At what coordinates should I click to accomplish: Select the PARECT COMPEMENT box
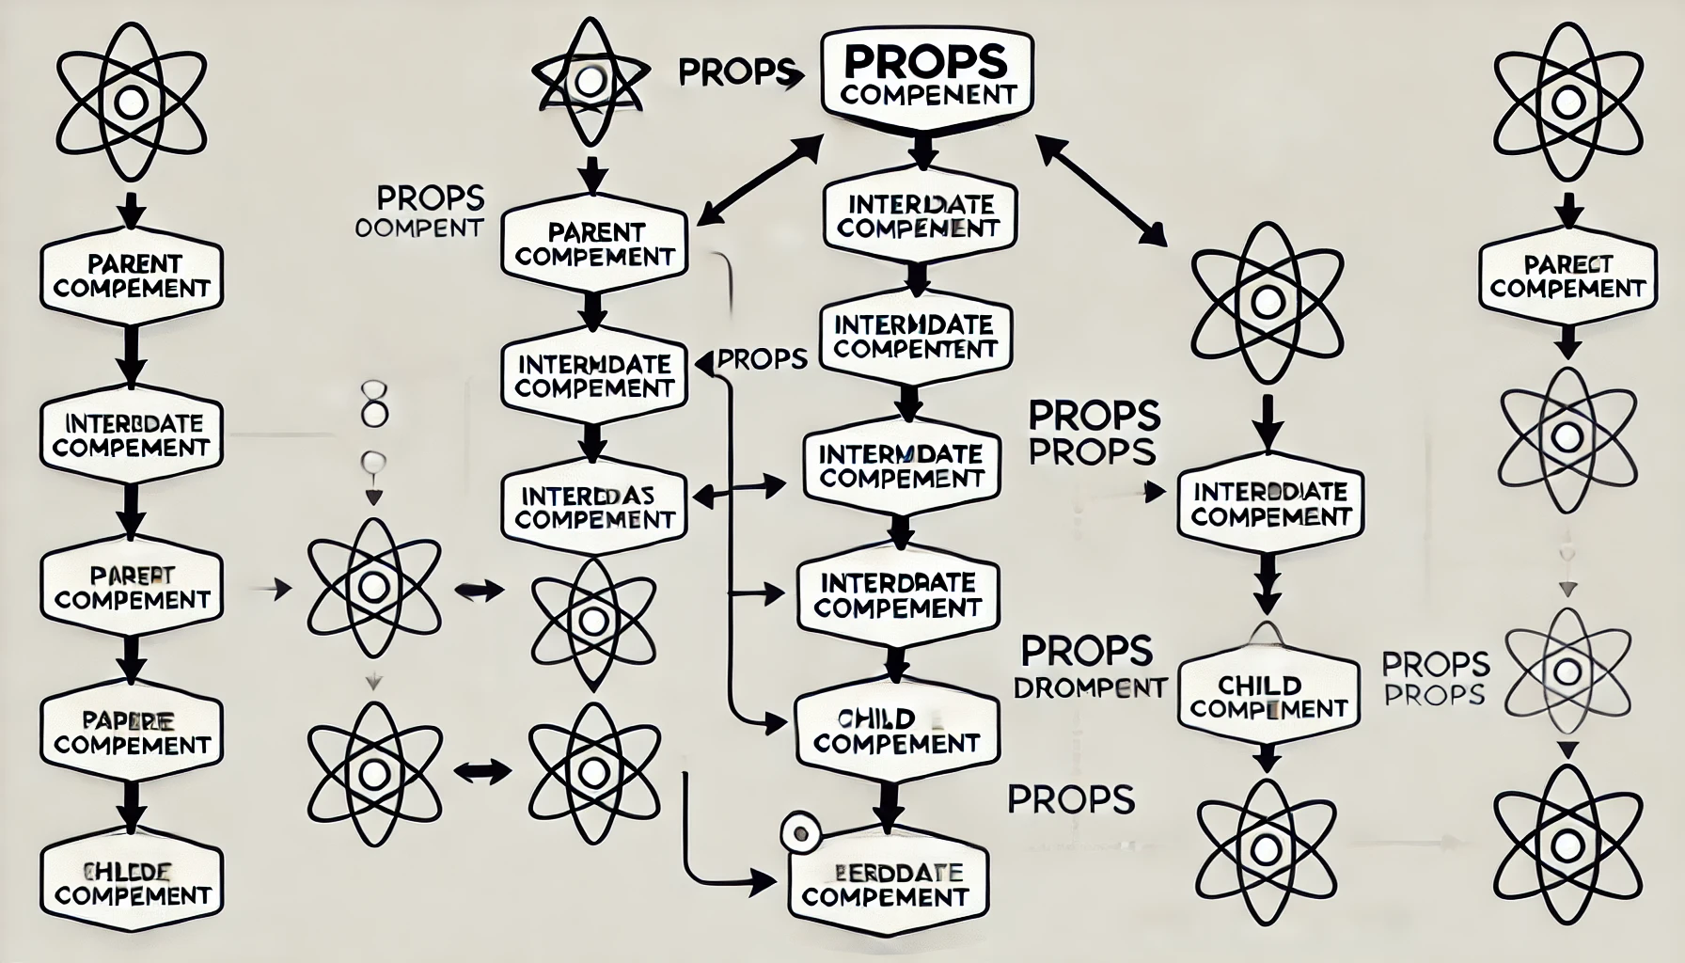click(1567, 276)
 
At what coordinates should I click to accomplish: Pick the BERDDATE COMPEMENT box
click(885, 885)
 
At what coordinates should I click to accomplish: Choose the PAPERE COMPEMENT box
click(132, 733)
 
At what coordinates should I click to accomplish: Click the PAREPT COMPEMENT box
click(132, 587)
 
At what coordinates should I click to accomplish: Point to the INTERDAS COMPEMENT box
click(594, 507)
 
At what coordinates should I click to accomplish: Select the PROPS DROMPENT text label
click(1088, 666)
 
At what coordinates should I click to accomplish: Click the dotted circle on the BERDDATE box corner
click(801, 833)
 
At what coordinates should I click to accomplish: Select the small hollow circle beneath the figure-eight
click(373, 462)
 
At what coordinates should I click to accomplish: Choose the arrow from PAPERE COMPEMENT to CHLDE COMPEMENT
click(132, 805)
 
